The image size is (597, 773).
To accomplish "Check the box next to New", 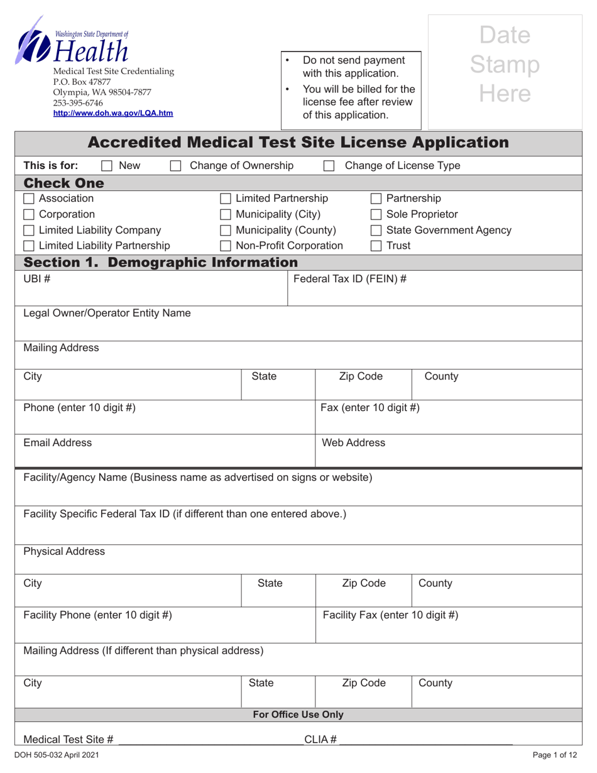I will coord(107,166).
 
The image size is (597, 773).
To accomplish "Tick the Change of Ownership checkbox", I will coord(176,166).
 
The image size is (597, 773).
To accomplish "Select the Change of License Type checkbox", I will coord(329,166).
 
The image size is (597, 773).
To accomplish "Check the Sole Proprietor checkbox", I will coord(376,215).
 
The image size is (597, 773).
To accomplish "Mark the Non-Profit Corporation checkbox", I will coord(225,246).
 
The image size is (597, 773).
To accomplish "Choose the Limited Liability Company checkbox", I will coord(29,231).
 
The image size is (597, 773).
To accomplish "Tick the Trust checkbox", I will coord(376,246).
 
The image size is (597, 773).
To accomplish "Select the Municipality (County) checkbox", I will coord(225,231).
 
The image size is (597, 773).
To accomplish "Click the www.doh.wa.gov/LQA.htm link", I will coord(113,113).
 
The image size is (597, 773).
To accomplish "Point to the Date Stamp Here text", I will coord(505,64).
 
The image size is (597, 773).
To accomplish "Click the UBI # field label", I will coord(36,278).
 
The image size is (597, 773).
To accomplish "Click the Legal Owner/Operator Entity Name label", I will coord(107,313).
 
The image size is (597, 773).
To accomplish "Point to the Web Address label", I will coord(353,443).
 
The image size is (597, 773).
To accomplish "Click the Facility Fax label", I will coord(390,615).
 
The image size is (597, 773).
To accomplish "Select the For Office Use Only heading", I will coord(298,715).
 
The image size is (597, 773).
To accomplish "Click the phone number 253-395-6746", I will coord(78,102).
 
